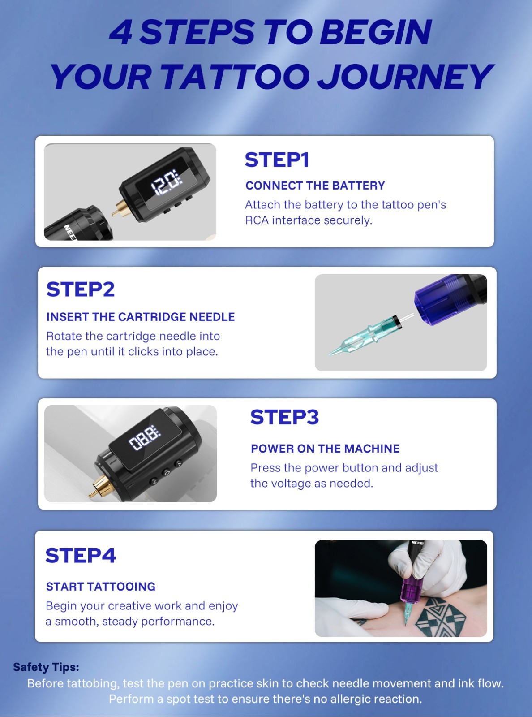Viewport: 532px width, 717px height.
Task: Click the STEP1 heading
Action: pos(277,160)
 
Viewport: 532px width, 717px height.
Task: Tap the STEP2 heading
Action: pos(81,289)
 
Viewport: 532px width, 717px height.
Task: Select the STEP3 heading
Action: pos(284,417)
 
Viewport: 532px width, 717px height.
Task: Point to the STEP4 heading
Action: pos(81,556)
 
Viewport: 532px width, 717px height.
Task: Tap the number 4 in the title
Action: pos(121,32)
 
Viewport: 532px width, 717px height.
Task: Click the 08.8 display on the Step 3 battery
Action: pos(145,438)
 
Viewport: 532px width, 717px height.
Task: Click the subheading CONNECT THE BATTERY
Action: pos(315,186)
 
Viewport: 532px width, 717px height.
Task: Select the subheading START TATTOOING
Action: pos(101,587)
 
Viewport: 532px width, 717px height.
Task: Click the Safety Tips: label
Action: pos(46,667)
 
